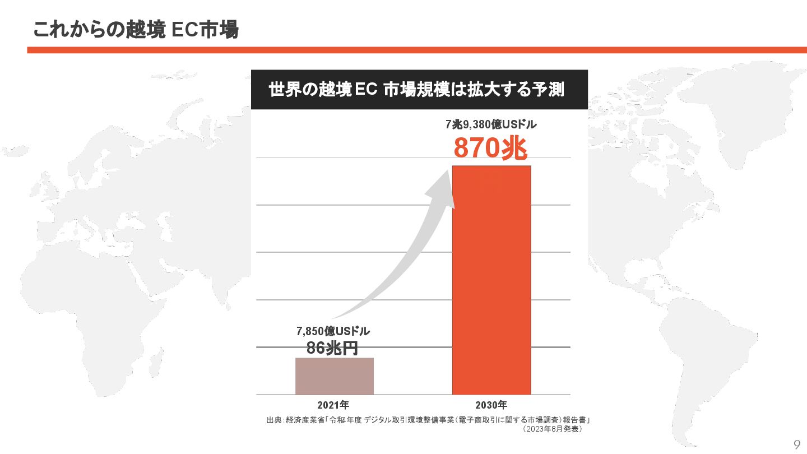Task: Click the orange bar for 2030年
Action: pyautogui.click(x=491, y=280)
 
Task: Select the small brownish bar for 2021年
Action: pyautogui.click(x=335, y=376)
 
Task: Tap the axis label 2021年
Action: pyautogui.click(x=333, y=405)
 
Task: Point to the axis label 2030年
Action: pyautogui.click(x=491, y=405)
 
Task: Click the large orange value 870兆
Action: pyautogui.click(x=490, y=149)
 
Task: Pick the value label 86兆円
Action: pyautogui.click(x=332, y=348)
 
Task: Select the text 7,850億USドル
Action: pyautogui.click(x=333, y=331)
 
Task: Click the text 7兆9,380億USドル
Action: pyautogui.click(x=491, y=124)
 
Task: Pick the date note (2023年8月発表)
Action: pyautogui.click(x=551, y=429)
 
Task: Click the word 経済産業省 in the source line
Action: pyautogui.click(x=305, y=420)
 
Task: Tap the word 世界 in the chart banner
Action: pyautogui.click(x=286, y=90)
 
